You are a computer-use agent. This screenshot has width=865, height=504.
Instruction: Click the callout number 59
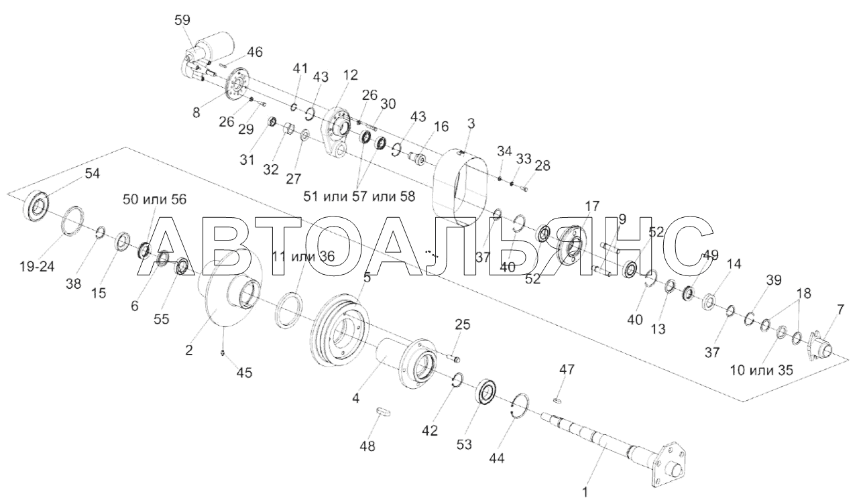tap(182, 21)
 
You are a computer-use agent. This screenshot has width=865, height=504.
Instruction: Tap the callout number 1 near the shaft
tap(585, 493)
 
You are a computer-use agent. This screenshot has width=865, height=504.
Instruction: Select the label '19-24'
tap(38, 266)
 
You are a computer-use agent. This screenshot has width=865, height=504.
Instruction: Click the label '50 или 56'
tap(154, 199)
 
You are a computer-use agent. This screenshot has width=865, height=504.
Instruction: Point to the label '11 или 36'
tap(303, 255)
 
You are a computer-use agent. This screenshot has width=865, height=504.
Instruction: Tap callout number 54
tap(92, 174)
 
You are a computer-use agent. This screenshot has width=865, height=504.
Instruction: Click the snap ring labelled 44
tap(520, 407)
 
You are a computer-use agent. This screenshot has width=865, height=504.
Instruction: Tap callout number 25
tap(462, 325)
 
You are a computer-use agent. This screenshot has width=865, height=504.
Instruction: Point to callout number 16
tap(441, 127)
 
